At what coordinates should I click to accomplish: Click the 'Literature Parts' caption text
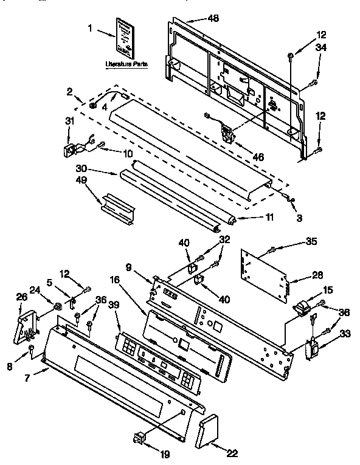point(126,63)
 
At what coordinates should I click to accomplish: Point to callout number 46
point(258,157)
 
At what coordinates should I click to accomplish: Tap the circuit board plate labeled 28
point(265,274)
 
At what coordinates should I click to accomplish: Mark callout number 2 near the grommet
point(71,91)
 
